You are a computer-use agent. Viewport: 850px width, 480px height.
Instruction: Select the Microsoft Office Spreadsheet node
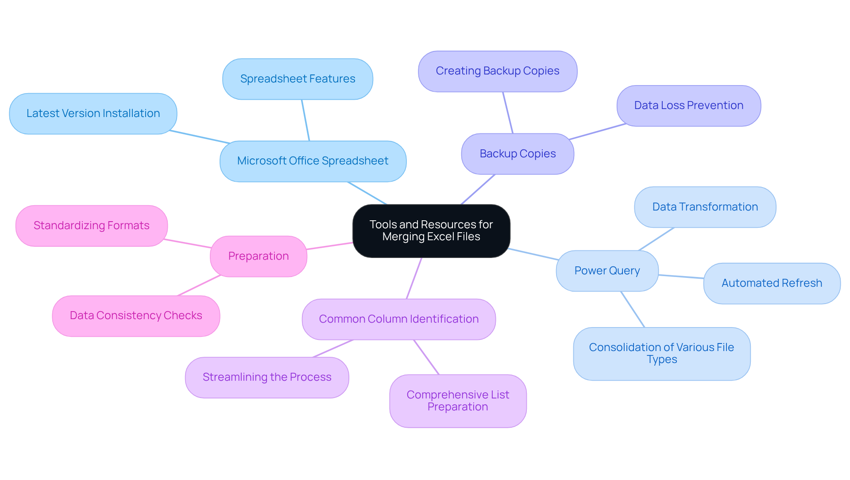(x=313, y=161)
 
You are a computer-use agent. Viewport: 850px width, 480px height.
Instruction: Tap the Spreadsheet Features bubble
(x=297, y=79)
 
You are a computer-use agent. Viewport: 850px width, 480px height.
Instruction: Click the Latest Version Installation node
(x=93, y=113)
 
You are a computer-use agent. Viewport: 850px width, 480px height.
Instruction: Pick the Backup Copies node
(x=518, y=154)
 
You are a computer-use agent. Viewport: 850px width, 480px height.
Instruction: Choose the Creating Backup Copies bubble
(x=497, y=71)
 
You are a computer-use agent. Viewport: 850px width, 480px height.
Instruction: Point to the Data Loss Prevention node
(x=688, y=105)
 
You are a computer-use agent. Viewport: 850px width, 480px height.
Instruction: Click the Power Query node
(x=607, y=271)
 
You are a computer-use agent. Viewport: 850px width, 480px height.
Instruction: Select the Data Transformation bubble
(x=705, y=207)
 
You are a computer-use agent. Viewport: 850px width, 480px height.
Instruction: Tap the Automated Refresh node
(x=772, y=283)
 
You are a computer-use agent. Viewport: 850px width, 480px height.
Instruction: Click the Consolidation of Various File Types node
(x=661, y=354)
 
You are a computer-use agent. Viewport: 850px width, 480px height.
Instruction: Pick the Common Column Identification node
(x=398, y=319)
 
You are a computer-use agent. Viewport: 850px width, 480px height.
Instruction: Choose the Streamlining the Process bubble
(x=267, y=377)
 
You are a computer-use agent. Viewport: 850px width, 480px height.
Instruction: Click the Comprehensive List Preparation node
(x=458, y=401)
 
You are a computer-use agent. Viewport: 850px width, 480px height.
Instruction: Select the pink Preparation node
(x=259, y=256)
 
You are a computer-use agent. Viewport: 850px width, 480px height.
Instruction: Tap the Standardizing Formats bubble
(x=92, y=226)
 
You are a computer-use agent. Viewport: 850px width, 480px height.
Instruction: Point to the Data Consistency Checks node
(x=136, y=316)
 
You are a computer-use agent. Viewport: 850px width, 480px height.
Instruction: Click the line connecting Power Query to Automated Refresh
(x=681, y=277)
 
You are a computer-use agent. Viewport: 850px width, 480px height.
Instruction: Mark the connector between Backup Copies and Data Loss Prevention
(x=598, y=132)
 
